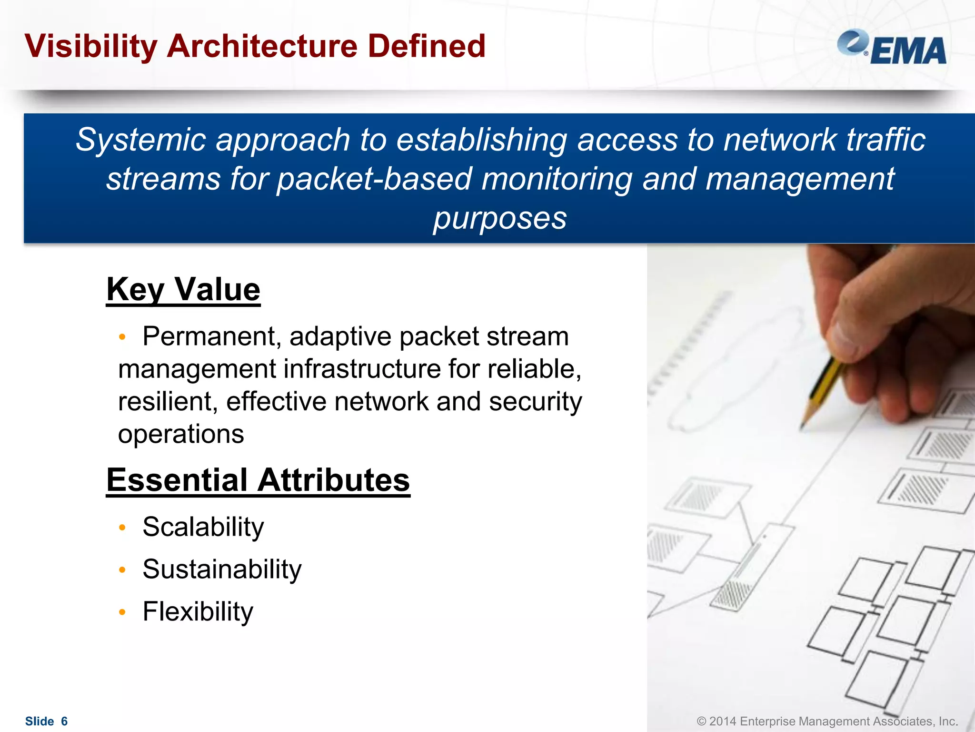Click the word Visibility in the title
tap(90, 46)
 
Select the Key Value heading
tap(183, 289)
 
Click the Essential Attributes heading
tap(258, 480)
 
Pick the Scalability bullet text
tap(203, 527)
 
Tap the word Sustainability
tap(222, 569)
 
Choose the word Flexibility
tap(198, 612)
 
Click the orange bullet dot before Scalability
tap(122, 528)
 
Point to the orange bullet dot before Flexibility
tap(122, 612)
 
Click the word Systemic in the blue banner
tap(140, 141)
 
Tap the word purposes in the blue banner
tap(500, 219)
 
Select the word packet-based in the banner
tap(374, 180)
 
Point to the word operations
tap(181, 435)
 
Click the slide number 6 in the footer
tap(64, 722)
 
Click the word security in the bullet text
tap(535, 402)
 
